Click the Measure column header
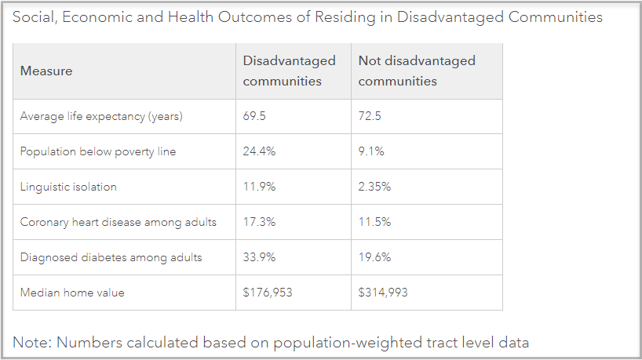(46, 71)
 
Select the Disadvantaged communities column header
(289, 71)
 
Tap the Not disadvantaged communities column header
(416, 71)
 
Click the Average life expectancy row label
(101, 117)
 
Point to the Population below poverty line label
(98, 152)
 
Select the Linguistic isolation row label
(68, 187)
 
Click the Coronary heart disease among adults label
(118, 223)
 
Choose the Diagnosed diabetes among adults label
(111, 258)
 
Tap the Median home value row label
(72, 293)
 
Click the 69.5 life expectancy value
(255, 117)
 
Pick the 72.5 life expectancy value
(370, 117)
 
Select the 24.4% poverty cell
(259, 152)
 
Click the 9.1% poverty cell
(371, 152)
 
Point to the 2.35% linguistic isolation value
(374, 187)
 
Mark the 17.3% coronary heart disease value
(259, 223)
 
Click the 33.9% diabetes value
(260, 258)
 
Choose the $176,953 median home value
(268, 293)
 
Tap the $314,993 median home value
(383, 293)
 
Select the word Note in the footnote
(29, 342)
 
